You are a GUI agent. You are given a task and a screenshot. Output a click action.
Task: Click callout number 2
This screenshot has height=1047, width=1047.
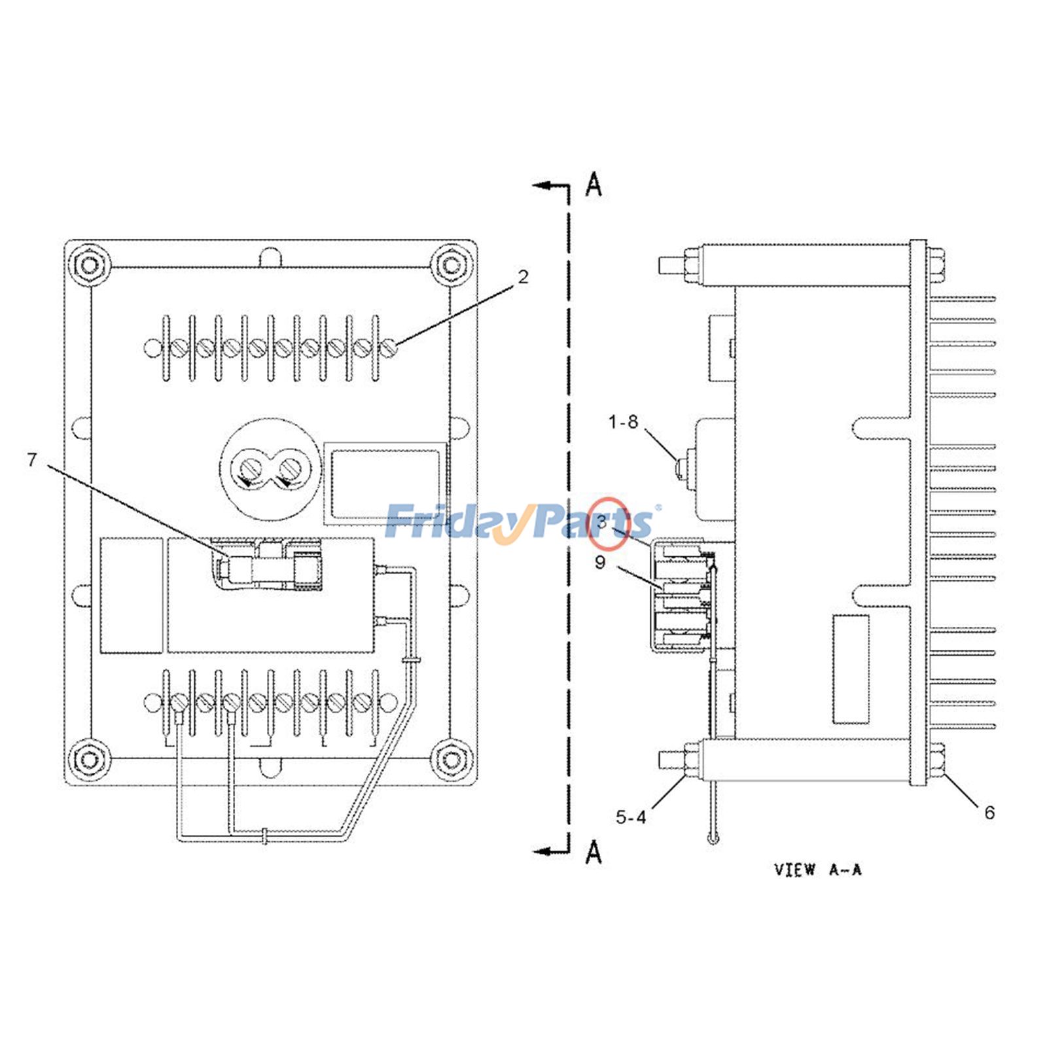522,277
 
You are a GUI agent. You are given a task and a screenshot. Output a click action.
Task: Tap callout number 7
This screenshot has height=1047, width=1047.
32,460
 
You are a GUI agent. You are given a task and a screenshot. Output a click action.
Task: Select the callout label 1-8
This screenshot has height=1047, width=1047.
622,423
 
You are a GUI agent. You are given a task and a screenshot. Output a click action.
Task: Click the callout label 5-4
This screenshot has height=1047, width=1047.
630,817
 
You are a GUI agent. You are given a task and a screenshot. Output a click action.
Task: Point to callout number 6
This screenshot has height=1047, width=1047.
989,813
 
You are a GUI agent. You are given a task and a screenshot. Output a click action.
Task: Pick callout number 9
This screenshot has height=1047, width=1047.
600,562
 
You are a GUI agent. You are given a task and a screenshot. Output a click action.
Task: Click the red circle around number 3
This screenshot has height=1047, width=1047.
608,523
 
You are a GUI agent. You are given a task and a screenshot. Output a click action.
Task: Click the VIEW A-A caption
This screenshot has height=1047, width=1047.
817,870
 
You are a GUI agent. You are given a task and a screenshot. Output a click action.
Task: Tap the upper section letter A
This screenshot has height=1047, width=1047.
593,185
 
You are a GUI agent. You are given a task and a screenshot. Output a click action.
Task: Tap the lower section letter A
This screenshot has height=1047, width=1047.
593,853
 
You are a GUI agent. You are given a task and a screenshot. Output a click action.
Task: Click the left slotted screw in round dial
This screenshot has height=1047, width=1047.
250,470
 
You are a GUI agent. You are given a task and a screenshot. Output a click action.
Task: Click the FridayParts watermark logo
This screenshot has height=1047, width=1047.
520,522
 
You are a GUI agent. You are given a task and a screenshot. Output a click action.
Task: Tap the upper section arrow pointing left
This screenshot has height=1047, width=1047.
547,186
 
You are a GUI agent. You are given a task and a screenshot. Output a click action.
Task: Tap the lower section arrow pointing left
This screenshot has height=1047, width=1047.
547,852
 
